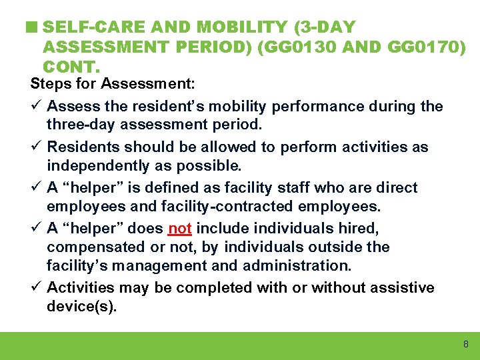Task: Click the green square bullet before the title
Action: coord(33,28)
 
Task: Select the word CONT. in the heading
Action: coord(71,67)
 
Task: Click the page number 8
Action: coord(465,345)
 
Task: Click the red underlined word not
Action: coord(180,229)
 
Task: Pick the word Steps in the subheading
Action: coord(49,85)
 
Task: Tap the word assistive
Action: coord(400,288)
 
